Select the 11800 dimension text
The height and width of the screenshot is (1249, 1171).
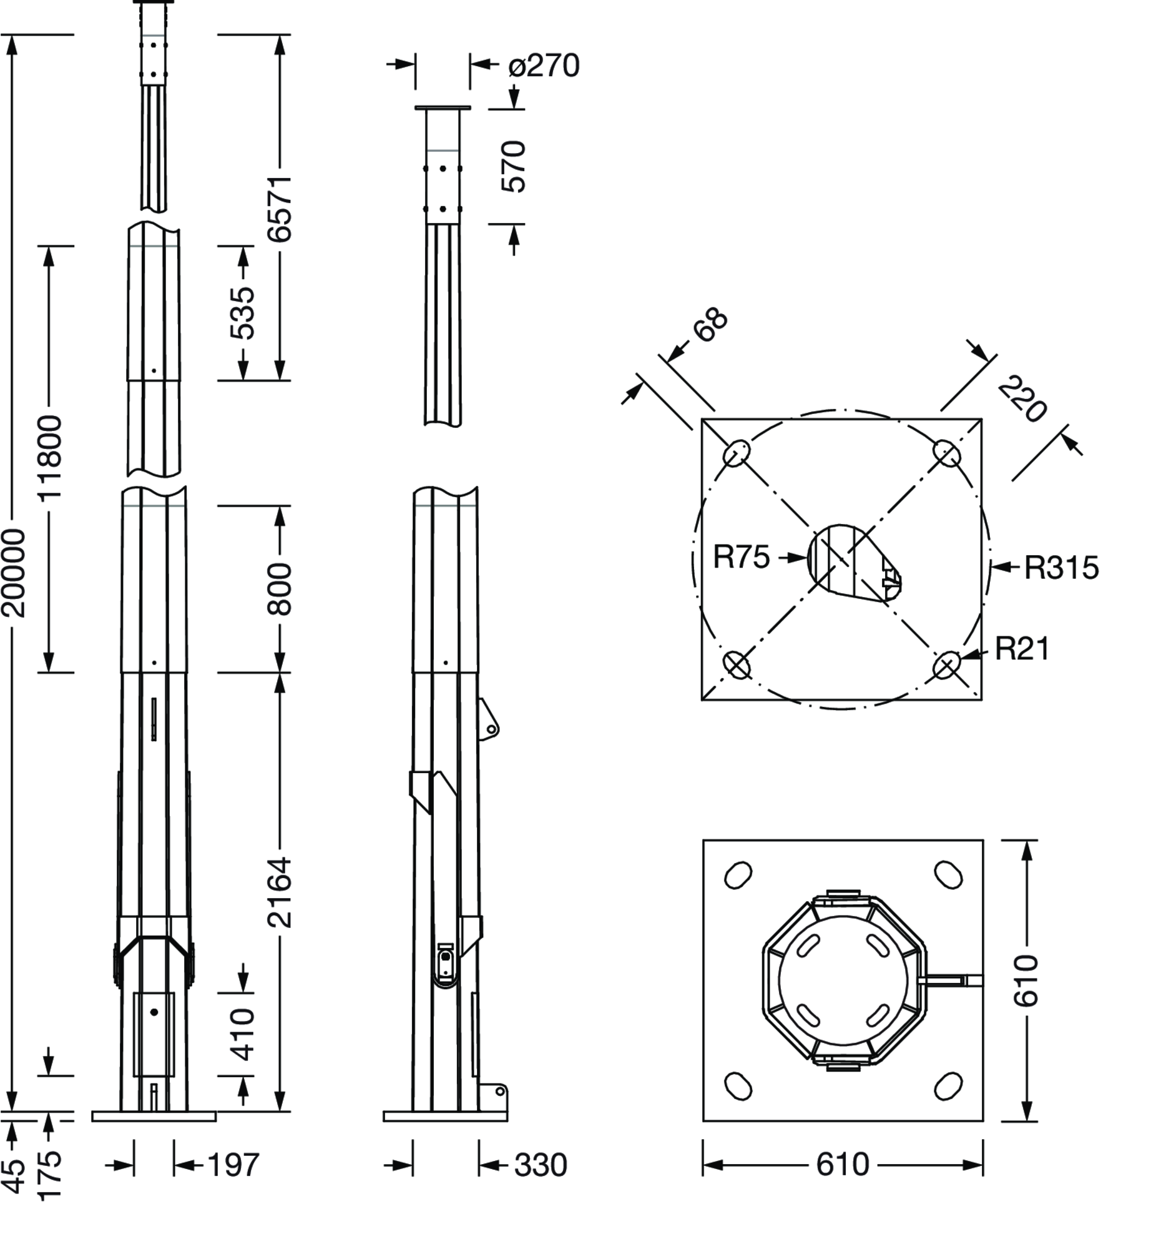(x=49, y=457)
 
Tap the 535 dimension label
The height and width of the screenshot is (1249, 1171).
(x=242, y=313)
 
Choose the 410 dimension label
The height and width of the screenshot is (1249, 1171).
(x=242, y=1034)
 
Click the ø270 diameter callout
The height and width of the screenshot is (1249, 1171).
(x=544, y=66)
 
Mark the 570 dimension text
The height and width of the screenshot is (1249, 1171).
(x=514, y=166)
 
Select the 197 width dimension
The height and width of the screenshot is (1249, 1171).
(x=233, y=1165)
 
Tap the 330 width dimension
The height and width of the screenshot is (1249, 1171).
(x=541, y=1165)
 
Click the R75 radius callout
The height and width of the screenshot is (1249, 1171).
(x=741, y=556)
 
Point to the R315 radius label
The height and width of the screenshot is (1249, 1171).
(x=1062, y=567)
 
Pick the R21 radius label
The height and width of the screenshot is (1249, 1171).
(x=1022, y=649)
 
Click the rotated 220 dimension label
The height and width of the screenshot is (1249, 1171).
(x=1022, y=398)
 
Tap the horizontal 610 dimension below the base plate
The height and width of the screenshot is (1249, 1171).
(x=843, y=1164)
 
